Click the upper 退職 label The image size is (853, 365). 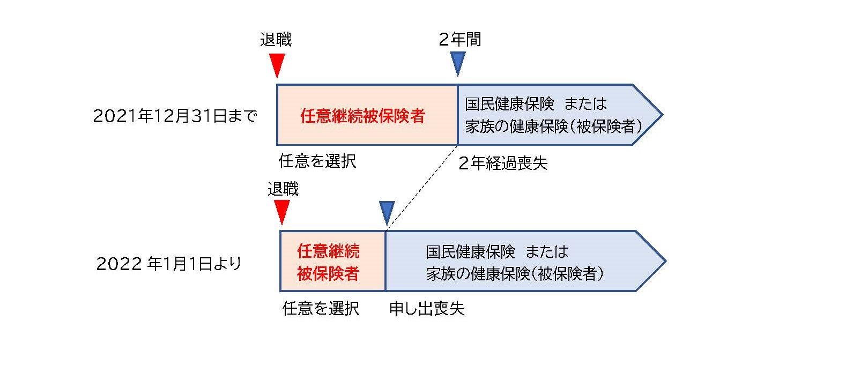point(276,40)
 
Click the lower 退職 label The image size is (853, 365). point(283,189)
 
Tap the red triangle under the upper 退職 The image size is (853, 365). point(277,65)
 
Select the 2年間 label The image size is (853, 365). point(460,39)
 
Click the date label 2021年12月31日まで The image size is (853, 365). point(175,116)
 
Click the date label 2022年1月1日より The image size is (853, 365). point(169,263)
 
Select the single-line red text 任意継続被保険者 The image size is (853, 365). point(362,116)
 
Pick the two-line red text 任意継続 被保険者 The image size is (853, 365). point(328,262)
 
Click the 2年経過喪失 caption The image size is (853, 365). point(503,163)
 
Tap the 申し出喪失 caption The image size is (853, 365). point(427,309)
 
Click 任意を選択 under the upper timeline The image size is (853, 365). point(317,161)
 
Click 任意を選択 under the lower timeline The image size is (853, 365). point(321,308)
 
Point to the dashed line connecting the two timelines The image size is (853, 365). point(422,188)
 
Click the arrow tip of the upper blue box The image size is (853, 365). point(663,115)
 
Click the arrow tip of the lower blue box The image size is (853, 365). point(666,261)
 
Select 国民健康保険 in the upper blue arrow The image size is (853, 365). point(509,104)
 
